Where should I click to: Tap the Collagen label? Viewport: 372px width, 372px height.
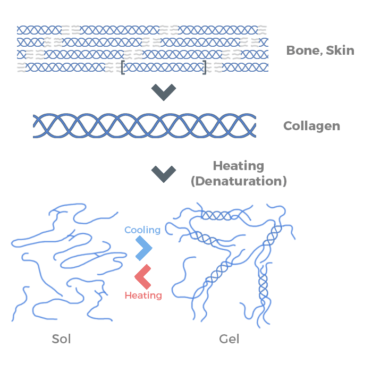[311, 126]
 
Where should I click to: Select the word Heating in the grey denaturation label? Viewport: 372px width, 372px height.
[239, 166]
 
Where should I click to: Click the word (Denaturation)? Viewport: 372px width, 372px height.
[239, 181]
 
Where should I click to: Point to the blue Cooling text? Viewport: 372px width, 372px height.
[142, 230]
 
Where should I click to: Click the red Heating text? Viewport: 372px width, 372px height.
[143, 295]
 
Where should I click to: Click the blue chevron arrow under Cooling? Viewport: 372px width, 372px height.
[143, 248]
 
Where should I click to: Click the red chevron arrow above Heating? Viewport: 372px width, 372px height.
[142, 276]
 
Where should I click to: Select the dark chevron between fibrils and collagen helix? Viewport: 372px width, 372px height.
[163, 92]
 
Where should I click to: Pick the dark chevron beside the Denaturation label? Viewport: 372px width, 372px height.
[163, 174]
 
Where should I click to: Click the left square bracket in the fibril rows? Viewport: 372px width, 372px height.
[123, 67]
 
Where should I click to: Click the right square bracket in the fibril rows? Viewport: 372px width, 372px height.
[205, 67]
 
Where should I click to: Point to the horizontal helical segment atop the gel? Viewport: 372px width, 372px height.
[216, 216]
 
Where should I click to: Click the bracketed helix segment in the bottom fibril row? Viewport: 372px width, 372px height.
[164, 67]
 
